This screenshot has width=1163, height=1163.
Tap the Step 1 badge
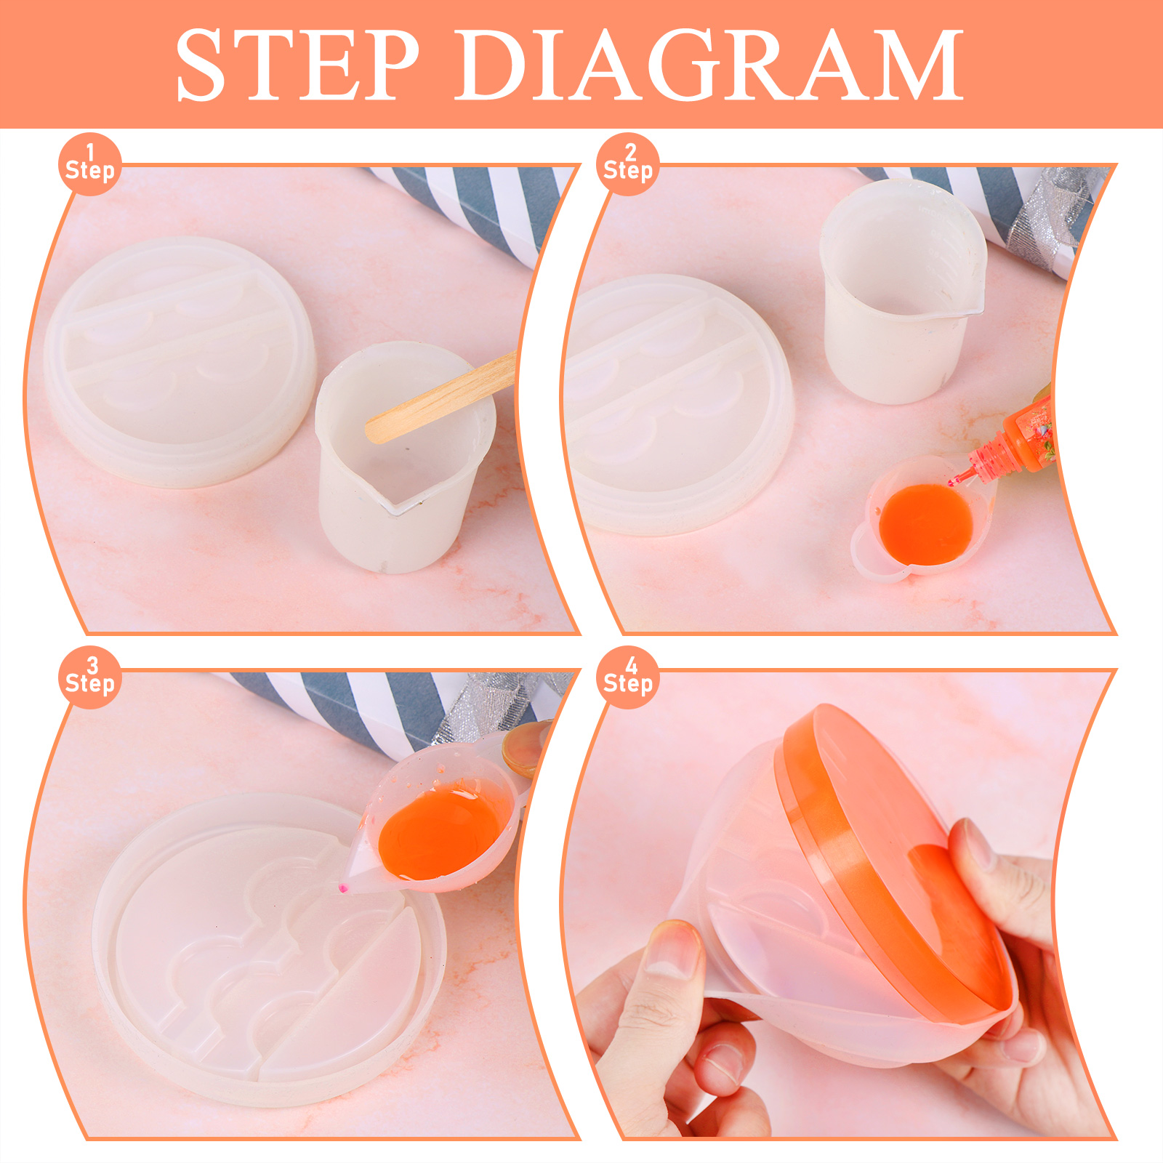click(x=89, y=164)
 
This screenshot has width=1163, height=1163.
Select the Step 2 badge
click(x=628, y=164)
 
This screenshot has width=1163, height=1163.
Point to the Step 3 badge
click(x=89, y=677)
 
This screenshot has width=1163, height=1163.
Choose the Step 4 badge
click(x=628, y=677)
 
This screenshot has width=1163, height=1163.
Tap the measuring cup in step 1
click(x=403, y=458)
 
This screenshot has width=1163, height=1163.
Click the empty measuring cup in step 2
click(x=901, y=291)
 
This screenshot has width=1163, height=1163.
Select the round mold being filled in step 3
click(x=269, y=952)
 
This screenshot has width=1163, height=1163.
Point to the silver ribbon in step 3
click(x=502, y=705)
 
